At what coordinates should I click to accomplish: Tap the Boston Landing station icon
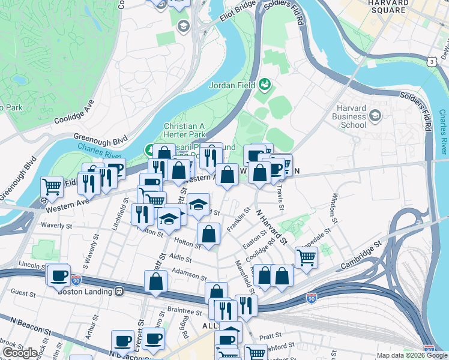click(119, 292)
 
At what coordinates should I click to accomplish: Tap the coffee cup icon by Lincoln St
click(59, 276)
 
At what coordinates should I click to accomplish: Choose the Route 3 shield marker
click(431, 62)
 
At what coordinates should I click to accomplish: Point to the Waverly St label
click(56, 226)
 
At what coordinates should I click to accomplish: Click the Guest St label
click(24, 293)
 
